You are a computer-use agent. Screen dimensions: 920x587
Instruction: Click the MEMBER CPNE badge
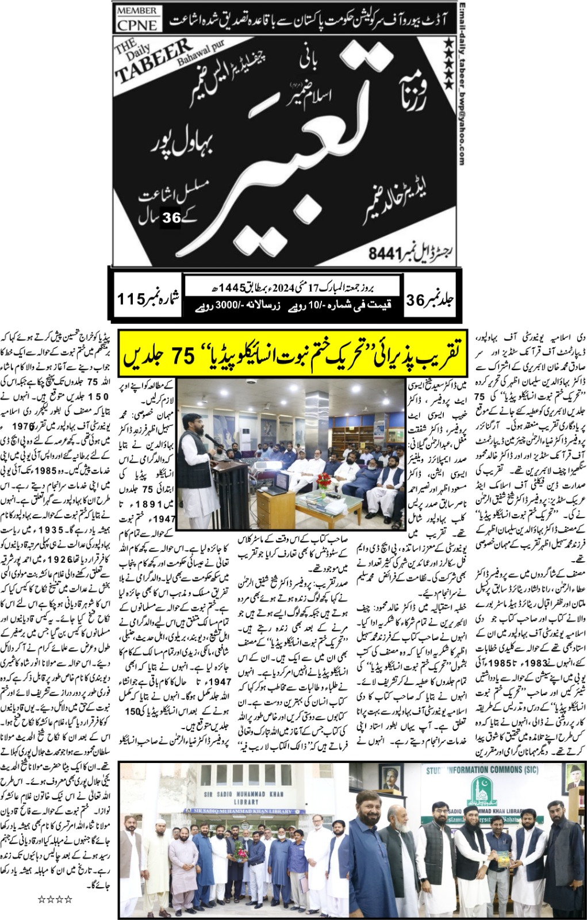click(x=137, y=19)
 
